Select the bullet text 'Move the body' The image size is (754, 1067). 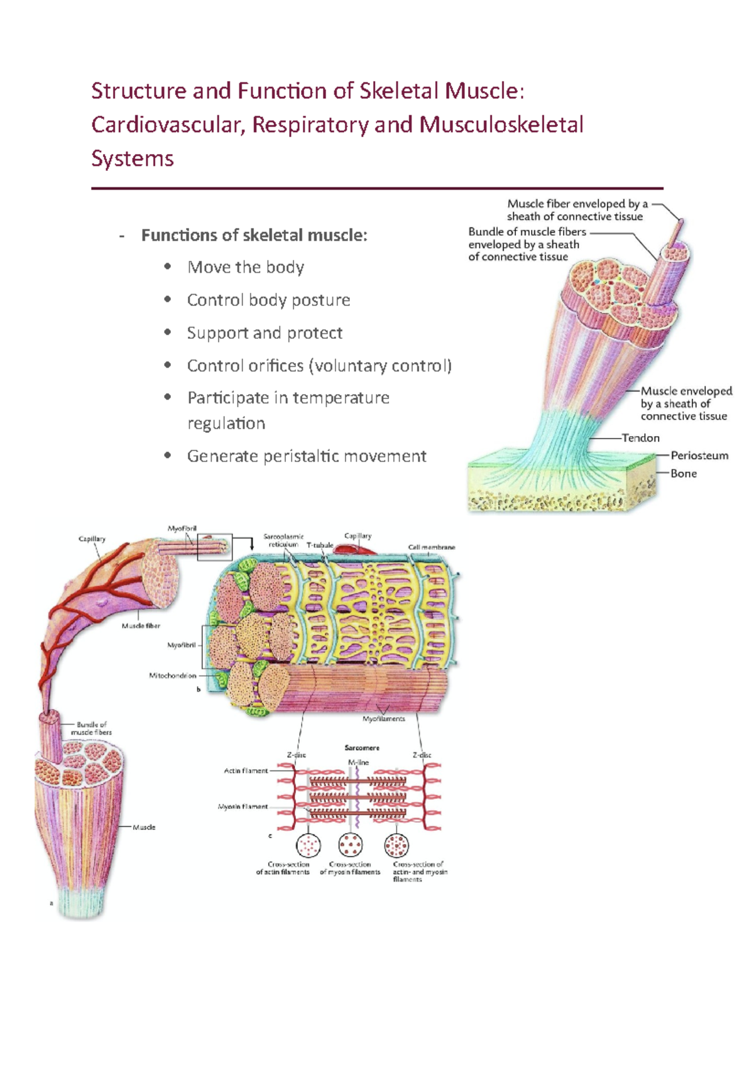pos(246,268)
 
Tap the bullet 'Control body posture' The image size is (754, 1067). pos(268,300)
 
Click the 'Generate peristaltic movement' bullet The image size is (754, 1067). pos(307,456)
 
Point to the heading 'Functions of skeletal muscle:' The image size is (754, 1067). pos(254,236)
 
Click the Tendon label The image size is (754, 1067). pos(640,438)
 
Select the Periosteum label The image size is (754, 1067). pos(699,456)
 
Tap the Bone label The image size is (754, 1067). pos(683,474)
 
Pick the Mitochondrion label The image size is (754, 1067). pos(172,676)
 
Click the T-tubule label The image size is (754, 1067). pos(320,545)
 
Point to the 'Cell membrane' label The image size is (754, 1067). pos(431,547)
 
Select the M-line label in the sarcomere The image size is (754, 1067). pos(358,762)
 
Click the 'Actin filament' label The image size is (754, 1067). pos(246,770)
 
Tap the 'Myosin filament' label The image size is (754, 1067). pos(243,806)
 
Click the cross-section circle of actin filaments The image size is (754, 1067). pos(308,845)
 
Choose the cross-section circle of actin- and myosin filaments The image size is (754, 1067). pos(396,845)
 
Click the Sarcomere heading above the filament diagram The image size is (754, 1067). pos(361,748)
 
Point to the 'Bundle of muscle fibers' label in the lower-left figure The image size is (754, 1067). pos(91,728)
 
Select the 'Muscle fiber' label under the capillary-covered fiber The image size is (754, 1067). pos(141,626)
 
